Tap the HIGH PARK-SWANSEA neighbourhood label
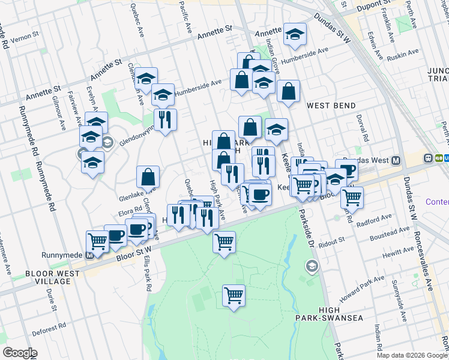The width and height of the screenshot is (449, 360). pos(330,314)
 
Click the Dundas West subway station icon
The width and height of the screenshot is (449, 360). pos(396,160)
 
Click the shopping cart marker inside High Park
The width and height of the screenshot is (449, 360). pos(234,295)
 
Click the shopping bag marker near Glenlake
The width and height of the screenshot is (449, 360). pos(148,178)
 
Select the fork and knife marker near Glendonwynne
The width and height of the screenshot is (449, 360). pos(165,119)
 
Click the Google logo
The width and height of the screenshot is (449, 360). pos(20,353)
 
